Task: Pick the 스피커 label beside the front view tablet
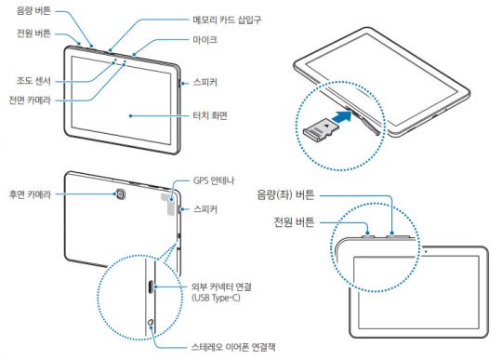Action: pyautogui.click(x=202, y=83)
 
